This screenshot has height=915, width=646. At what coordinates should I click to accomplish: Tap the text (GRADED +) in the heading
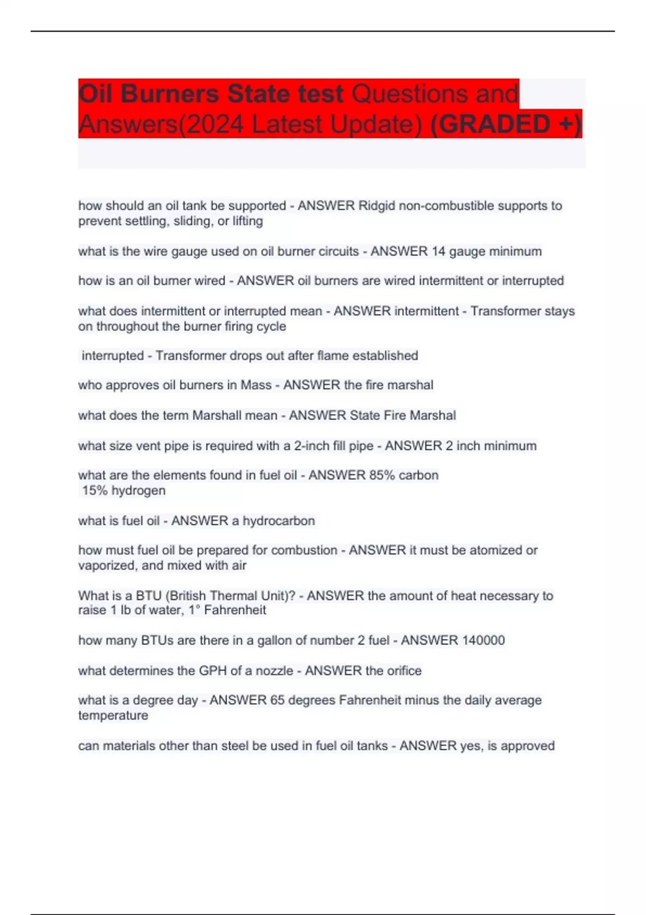(x=506, y=124)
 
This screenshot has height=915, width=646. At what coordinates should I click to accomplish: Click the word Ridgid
(x=376, y=206)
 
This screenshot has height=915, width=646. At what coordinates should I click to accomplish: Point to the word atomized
(x=496, y=550)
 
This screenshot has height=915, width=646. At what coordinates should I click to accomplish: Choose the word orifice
(x=401, y=671)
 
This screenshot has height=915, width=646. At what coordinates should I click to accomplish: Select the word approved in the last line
(x=528, y=746)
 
